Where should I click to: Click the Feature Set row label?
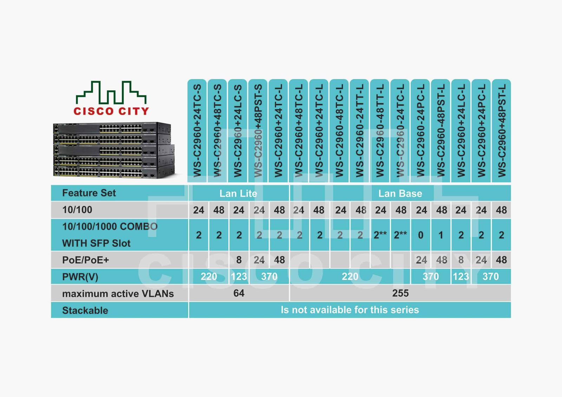coord(89,193)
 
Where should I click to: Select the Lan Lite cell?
coord(238,193)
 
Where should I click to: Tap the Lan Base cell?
coord(400,193)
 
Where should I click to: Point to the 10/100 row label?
coord(77,210)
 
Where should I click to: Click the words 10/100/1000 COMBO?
coord(110,226)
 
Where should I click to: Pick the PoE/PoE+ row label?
coord(86,260)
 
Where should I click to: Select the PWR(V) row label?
coord(80,277)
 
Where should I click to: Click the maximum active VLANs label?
coord(118,294)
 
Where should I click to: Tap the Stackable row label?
coord(85,311)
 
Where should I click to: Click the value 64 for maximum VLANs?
coord(238,293)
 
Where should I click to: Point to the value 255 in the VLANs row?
coord(400,293)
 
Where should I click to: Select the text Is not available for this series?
coord(350,310)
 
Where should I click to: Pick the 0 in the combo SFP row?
coord(421,235)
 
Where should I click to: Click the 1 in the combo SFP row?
coord(441,235)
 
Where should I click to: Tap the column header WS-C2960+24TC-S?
coord(197,131)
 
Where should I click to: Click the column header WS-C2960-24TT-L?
coord(360,131)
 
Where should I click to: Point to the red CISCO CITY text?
coord(111,111)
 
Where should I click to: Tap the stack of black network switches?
coord(114,150)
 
